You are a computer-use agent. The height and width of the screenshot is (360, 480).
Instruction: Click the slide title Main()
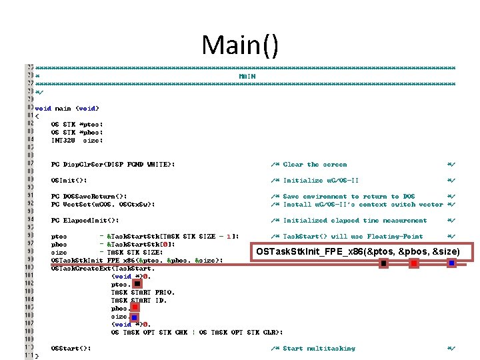(x=240, y=45)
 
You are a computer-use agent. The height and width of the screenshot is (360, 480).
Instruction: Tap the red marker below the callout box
(x=414, y=264)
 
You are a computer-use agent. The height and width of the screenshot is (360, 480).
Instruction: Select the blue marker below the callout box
(x=451, y=264)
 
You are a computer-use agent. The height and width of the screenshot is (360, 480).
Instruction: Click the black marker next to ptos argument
(x=137, y=283)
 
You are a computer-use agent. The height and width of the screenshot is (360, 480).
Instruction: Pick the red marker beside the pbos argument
(x=135, y=308)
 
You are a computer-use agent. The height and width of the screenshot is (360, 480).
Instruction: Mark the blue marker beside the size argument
(x=134, y=317)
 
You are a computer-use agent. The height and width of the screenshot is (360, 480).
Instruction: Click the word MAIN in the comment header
(x=247, y=76)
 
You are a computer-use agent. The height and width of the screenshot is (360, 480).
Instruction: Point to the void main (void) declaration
(x=67, y=108)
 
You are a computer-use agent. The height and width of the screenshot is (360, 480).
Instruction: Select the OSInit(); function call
(x=69, y=180)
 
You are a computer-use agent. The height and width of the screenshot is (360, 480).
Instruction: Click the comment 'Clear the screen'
(x=315, y=164)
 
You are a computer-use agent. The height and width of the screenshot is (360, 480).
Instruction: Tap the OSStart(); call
(x=71, y=348)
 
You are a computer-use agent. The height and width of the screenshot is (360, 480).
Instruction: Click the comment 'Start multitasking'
(x=319, y=348)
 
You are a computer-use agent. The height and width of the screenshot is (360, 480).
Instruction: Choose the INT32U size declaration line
(x=77, y=140)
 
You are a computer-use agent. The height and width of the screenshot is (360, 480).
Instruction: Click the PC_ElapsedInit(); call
(x=85, y=220)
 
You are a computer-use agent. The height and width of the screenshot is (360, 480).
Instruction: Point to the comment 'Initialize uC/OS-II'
(x=321, y=180)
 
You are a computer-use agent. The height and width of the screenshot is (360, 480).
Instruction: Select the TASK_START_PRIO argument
(x=143, y=292)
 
